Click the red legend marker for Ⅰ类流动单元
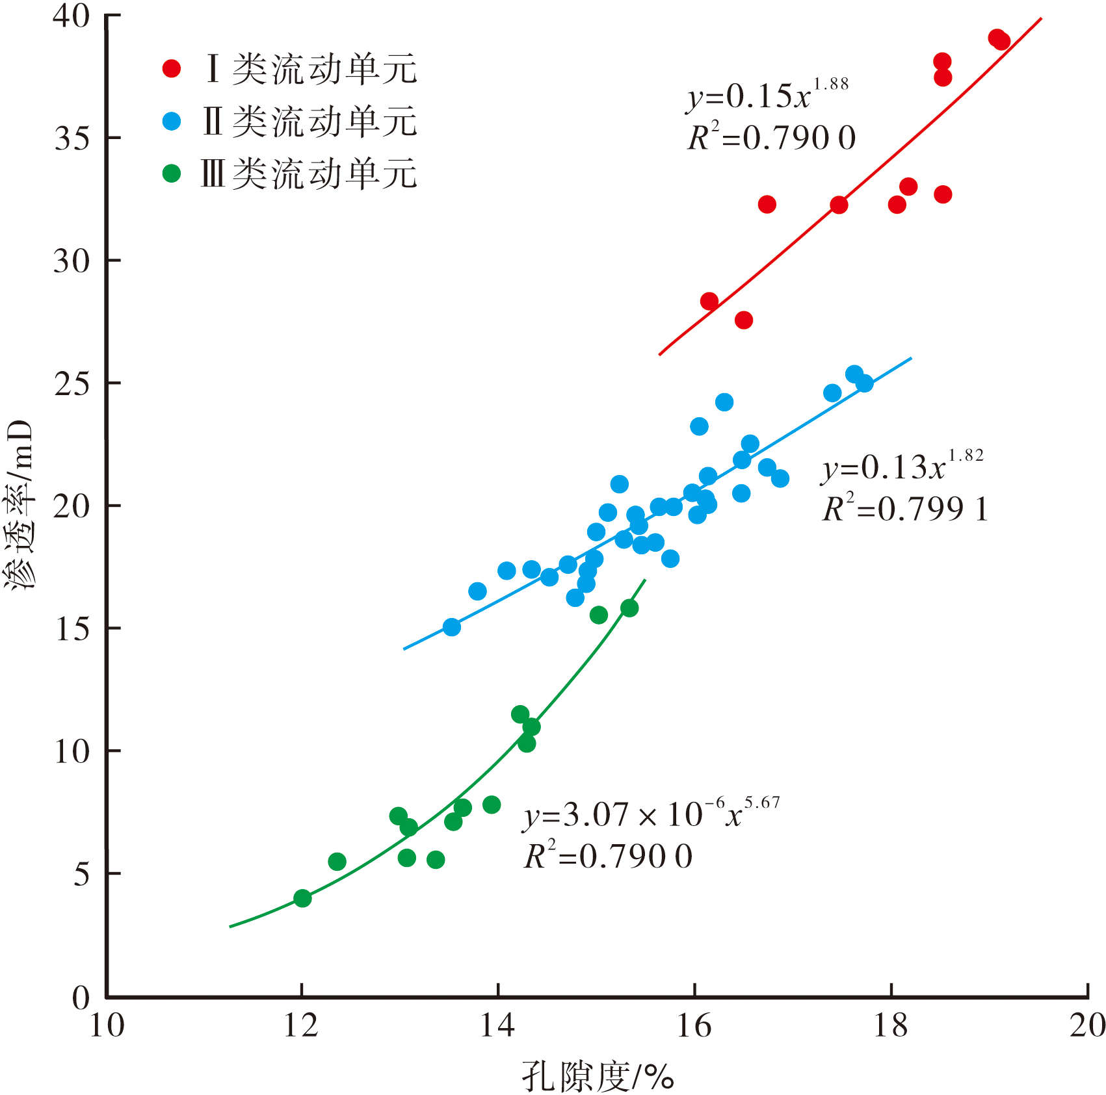(172, 68)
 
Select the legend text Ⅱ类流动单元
(309, 122)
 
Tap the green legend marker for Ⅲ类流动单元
(172, 174)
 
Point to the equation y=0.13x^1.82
(902, 467)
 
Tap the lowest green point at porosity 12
(302, 899)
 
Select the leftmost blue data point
(452, 627)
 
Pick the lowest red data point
(744, 320)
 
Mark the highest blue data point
(854, 374)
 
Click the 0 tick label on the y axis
(81, 998)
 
